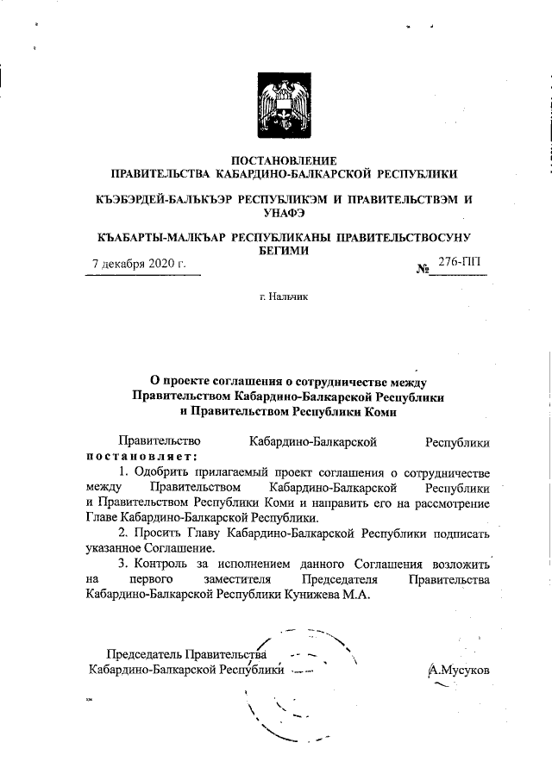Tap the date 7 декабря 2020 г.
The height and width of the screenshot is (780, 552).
[139, 264]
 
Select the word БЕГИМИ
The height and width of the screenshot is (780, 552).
[283, 250]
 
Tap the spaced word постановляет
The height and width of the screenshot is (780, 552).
[141, 455]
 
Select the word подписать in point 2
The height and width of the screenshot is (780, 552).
[459, 534]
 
